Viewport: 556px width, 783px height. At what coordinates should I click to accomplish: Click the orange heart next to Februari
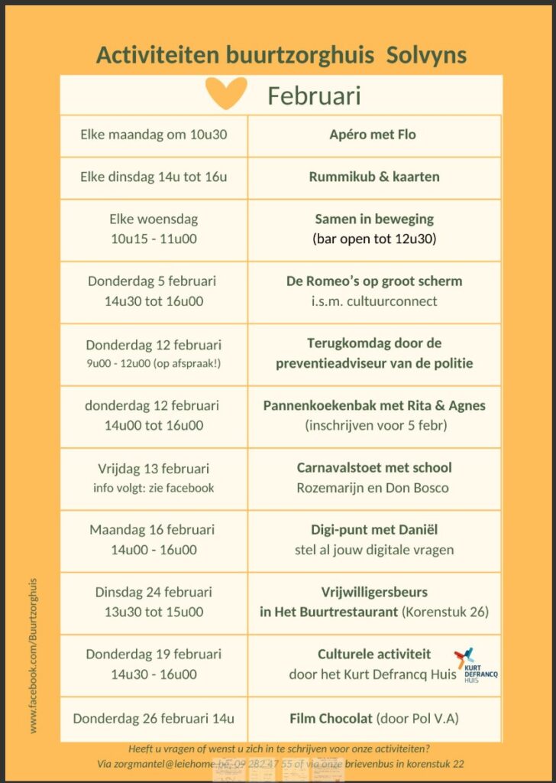tap(227, 93)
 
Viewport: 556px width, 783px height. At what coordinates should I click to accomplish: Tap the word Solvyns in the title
tap(426, 55)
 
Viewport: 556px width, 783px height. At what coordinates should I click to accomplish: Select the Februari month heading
tap(314, 96)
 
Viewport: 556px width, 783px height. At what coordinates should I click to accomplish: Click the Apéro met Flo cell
tap(373, 135)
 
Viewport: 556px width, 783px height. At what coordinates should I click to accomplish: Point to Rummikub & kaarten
tap(374, 177)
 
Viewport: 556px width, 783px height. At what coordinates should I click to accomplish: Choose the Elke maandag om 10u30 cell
tap(154, 135)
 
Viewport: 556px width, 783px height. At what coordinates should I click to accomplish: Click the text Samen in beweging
tap(374, 219)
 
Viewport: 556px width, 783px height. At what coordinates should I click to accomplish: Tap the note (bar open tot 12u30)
tap(374, 239)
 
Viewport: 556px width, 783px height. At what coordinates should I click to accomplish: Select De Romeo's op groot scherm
tap(374, 281)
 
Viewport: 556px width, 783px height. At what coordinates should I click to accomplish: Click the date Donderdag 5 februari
tap(154, 281)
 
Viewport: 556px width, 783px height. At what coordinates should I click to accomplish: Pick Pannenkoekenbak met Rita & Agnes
tap(374, 405)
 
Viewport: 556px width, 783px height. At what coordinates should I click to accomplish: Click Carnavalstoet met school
tap(374, 467)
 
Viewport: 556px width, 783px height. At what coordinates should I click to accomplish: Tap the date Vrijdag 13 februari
tap(154, 468)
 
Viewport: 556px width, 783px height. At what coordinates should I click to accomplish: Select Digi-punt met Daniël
tap(374, 529)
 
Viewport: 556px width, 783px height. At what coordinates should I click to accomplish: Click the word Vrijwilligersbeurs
tap(374, 592)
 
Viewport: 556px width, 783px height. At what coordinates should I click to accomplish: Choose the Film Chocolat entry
tap(374, 718)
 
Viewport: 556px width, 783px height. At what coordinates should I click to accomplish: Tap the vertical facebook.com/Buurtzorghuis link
tap(34, 655)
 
